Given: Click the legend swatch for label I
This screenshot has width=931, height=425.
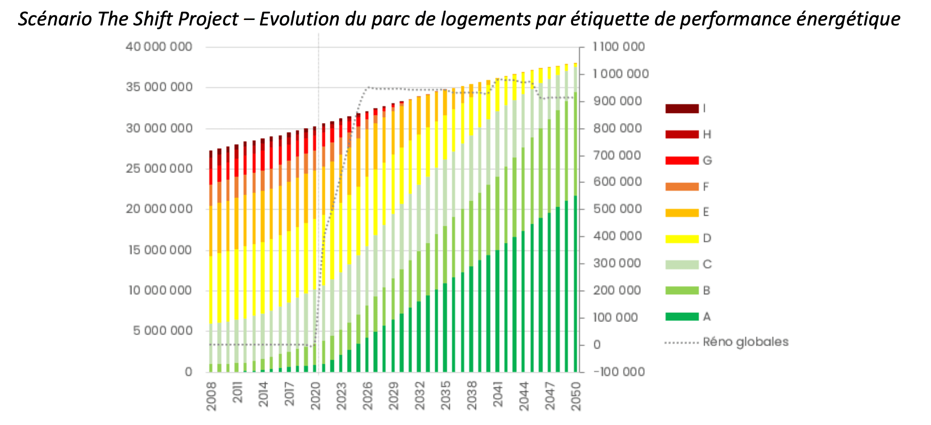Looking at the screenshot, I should coord(681,109).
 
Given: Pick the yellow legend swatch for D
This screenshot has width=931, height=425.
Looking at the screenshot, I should coord(681,238).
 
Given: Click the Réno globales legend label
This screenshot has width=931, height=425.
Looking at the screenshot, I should coord(745,342).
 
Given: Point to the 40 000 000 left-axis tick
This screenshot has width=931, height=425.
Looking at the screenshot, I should coord(159,47).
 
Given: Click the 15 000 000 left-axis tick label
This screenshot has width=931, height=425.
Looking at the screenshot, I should coord(159,250).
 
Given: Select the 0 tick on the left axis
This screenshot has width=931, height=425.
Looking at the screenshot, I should coord(188,372).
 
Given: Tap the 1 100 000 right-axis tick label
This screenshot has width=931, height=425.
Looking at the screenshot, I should coord(618,47).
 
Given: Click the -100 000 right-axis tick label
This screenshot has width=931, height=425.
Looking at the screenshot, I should coord(618,372).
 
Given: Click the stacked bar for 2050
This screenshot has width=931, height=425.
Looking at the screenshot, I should coord(576,218).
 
